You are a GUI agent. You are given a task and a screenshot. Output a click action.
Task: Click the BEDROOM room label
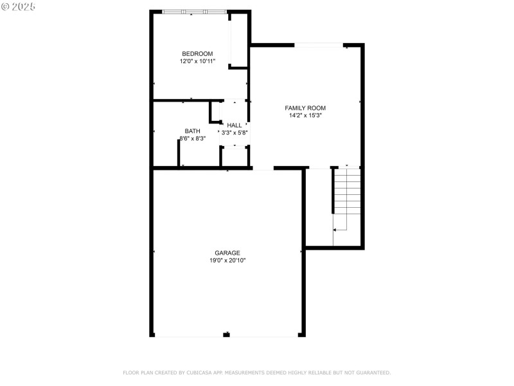(197, 53)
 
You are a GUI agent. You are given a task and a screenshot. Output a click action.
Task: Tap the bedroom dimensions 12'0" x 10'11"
(197, 61)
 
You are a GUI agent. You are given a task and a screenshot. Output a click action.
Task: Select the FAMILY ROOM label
(305, 108)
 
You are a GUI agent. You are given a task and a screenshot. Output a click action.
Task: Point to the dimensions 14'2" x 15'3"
(305, 116)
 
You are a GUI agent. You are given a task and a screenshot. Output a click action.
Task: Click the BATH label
(192, 131)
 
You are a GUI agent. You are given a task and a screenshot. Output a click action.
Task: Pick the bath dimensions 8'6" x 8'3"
(192, 138)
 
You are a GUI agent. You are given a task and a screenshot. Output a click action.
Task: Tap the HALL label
(235, 125)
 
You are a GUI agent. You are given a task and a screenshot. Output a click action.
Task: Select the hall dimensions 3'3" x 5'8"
(235, 133)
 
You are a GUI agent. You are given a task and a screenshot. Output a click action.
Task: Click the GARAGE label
(227, 253)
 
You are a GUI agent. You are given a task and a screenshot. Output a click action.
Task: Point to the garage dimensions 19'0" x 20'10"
(227, 261)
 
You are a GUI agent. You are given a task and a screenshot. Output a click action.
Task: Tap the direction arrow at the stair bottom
(335, 229)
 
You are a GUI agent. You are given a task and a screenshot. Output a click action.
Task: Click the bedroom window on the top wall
(193, 12)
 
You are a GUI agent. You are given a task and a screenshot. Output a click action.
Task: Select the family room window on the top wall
(318, 45)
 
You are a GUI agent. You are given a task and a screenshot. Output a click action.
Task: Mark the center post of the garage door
(226, 335)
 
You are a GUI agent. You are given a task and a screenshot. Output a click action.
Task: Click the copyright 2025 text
(19, 6)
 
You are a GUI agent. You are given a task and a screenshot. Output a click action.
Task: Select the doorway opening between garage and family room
(263, 169)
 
